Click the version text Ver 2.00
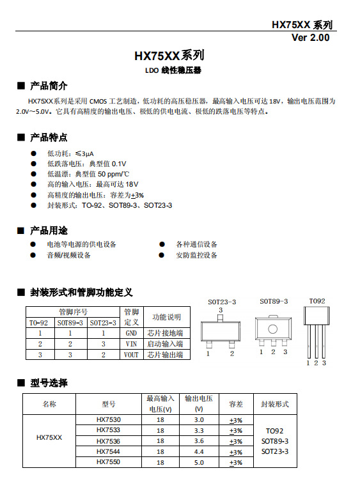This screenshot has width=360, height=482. click(x=310, y=38)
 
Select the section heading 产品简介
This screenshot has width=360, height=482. click(x=49, y=86)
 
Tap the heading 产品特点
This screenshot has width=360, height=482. click(x=49, y=137)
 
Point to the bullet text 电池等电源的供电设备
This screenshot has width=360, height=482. click(x=81, y=244)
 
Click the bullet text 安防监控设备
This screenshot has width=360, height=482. click(x=196, y=255)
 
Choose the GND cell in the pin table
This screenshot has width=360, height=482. click(x=131, y=333)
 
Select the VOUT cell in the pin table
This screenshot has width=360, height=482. click(x=131, y=354)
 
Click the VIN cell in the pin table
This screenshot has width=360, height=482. click(x=131, y=344)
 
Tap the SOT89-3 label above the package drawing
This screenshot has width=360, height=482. click(x=274, y=301)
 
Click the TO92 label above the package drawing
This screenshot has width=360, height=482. click(x=317, y=301)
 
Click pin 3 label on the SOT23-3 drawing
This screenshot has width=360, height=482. click(x=221, y=310)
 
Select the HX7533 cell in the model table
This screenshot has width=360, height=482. click(x=108, y=431)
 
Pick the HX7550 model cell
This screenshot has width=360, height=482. click(x=108, y=462)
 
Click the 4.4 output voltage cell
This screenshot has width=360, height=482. click(x=198, y=451)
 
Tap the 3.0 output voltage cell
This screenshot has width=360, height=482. click(x=198, y=420)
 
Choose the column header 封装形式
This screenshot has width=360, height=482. click(x=275, y=404)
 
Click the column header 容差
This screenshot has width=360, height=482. click(x=236, y=404)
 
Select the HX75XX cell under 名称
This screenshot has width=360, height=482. click(x=49, y=438)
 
